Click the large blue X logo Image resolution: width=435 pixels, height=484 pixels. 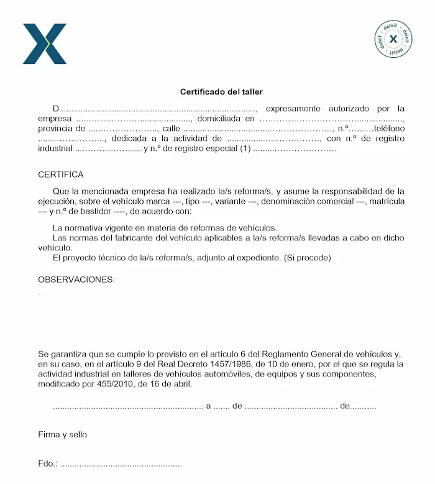45,43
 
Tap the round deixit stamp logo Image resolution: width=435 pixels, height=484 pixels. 393,39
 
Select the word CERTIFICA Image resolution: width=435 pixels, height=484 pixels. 60,175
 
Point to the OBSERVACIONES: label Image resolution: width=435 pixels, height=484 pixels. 76,280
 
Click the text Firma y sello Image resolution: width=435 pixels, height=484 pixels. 62,434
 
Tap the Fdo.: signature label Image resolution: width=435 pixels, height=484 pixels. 47,463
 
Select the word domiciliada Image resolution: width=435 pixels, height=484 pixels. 219,119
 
